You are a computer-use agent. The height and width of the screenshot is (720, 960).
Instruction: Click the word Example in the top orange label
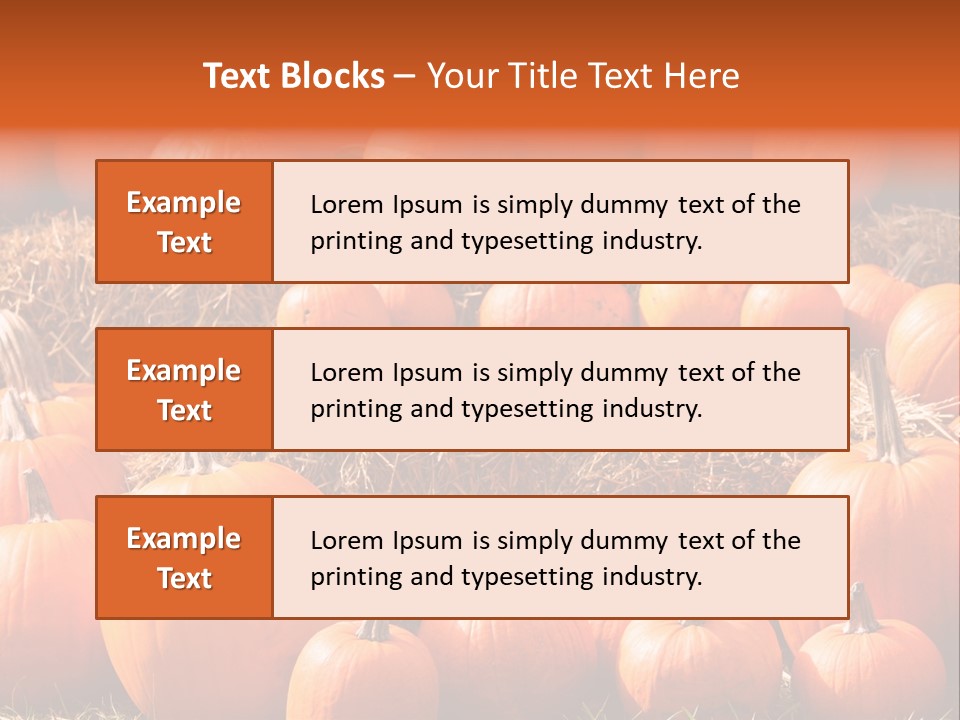(184, 203)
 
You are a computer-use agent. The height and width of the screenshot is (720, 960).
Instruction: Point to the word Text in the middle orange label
(185, 410)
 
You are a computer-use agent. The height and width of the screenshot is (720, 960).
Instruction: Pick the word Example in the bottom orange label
(184, 539)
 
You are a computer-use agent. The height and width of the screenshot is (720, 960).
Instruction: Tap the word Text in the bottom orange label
(185, 578)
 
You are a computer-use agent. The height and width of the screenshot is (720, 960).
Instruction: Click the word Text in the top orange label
(185, 242)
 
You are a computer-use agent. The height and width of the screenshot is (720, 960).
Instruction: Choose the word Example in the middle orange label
(184, 371)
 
